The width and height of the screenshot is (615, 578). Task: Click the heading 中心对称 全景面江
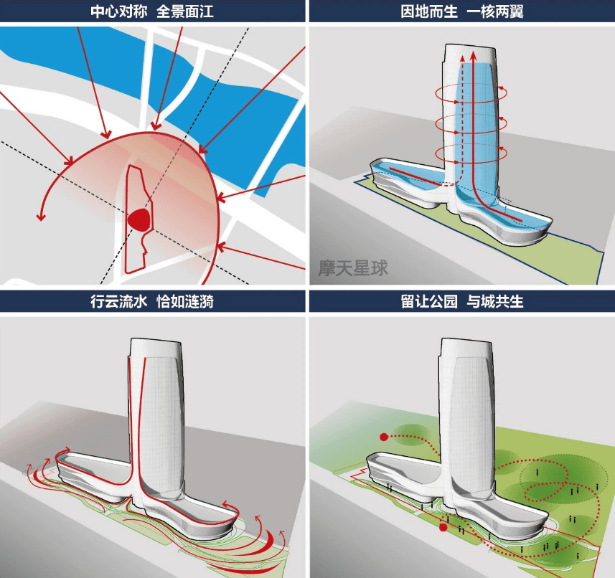[153, 11]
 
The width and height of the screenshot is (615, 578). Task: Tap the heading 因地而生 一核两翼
[461, 11]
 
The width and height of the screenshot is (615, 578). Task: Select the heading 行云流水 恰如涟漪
[153, 301]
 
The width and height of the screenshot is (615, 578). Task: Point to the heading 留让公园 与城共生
[461, 301]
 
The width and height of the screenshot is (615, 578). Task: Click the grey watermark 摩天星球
[353, 268]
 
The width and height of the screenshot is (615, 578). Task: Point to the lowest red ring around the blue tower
[470, 153]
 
